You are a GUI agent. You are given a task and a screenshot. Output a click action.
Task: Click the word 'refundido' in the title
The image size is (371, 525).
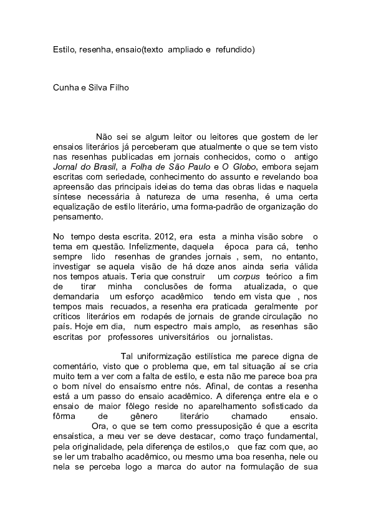(x=235, y=49)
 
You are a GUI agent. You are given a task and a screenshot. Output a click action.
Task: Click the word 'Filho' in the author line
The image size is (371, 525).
(x=117, y=88)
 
